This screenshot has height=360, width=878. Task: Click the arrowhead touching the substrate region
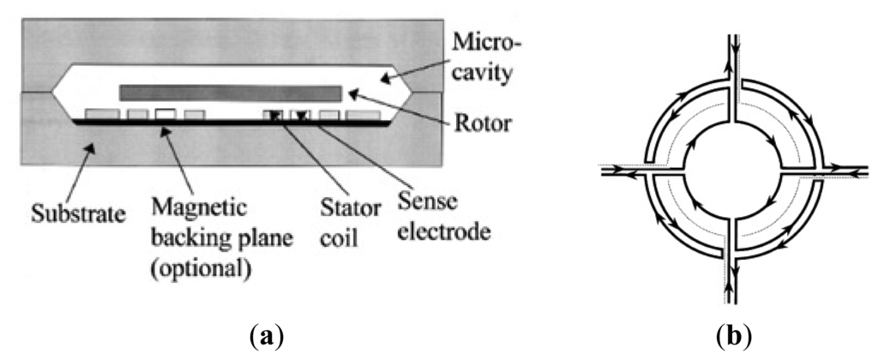tap(82, 151)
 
